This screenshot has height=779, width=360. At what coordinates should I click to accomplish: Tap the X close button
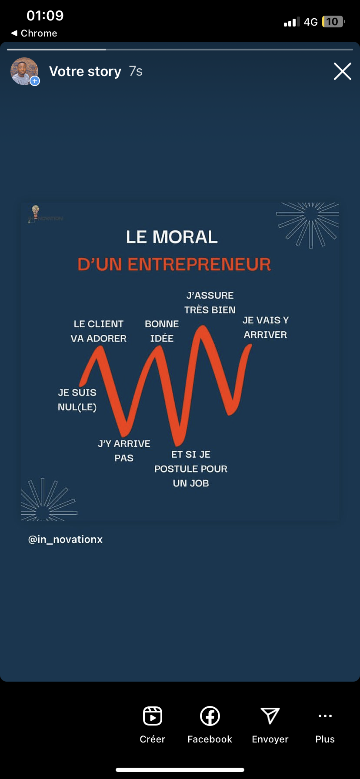(342, 71)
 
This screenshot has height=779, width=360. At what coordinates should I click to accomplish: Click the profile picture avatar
(24, 71)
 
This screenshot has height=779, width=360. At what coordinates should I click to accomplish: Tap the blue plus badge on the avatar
(35, 81)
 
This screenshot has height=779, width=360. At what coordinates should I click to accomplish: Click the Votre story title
(85, 71)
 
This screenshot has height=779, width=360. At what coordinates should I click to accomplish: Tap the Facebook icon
(210, 716)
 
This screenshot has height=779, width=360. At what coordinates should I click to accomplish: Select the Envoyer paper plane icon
(270, 716)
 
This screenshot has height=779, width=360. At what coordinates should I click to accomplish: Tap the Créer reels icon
(153, 716)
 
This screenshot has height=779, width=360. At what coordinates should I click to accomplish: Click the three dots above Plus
(325, 716)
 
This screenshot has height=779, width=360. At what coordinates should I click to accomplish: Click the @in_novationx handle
(66, 539)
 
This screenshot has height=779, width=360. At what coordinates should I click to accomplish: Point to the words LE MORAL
(172, 237)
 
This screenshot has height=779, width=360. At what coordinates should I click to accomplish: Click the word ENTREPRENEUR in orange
(199, 264)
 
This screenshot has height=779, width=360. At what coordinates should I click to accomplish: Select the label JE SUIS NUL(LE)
(77, 399)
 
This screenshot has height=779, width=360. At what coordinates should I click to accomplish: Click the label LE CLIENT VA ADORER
(99, 331)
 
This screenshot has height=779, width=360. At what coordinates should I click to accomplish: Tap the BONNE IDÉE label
(162, 331)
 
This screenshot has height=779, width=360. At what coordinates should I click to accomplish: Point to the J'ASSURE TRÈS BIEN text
(210, 303)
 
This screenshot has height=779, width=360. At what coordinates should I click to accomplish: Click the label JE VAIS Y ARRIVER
(265, 327)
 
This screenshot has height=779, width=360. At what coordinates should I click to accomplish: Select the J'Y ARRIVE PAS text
(124, 451)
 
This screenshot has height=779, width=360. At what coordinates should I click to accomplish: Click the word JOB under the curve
(199, 483)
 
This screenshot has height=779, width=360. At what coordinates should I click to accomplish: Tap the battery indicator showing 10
(333, 22)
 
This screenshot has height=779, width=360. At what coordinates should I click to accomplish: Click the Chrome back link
(34, 33)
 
